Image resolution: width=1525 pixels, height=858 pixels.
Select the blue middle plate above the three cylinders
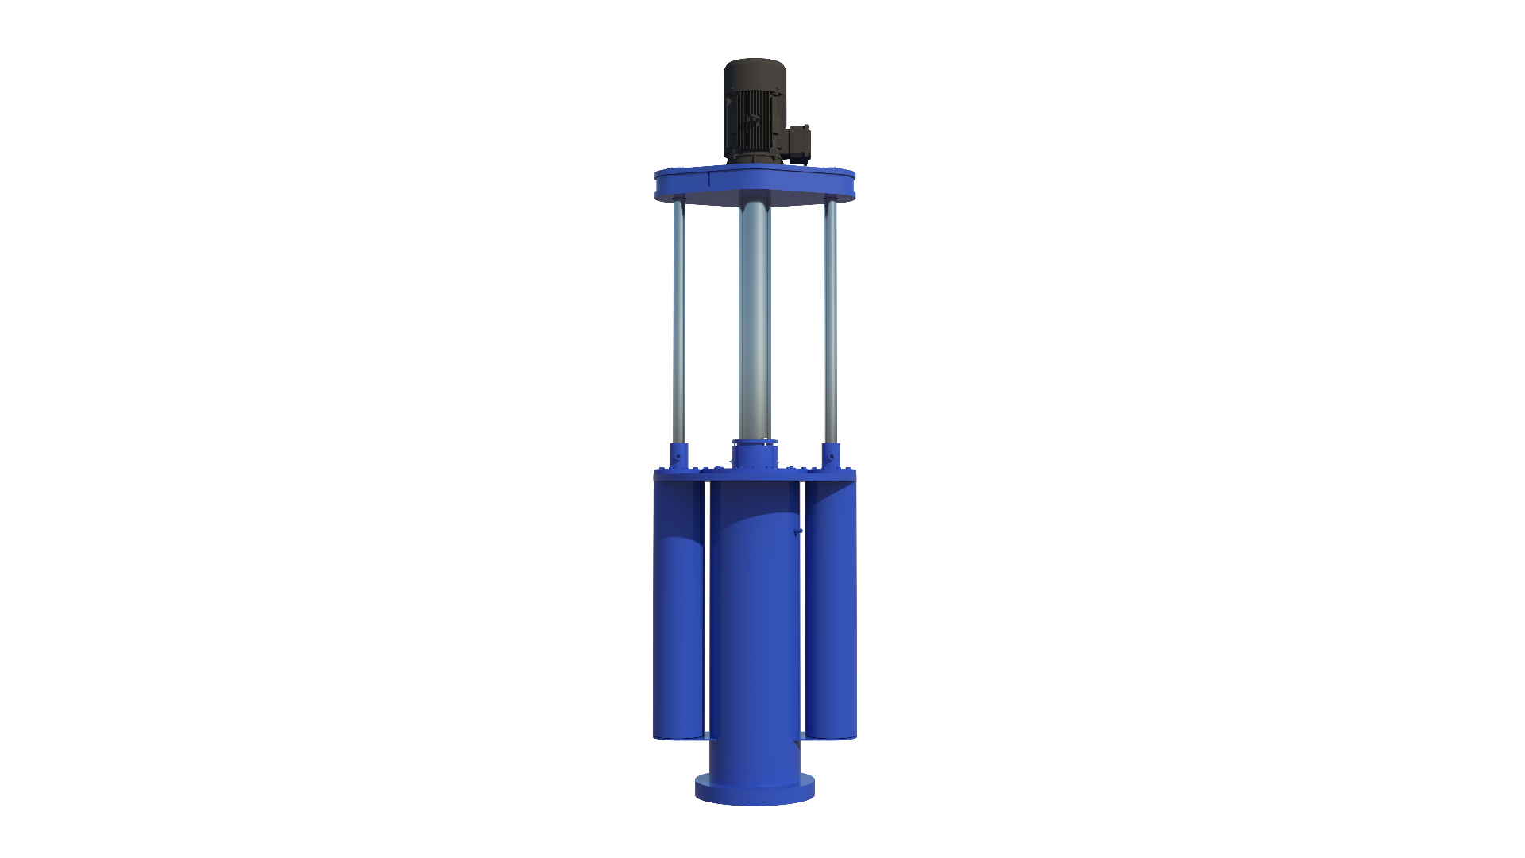coord(755,475)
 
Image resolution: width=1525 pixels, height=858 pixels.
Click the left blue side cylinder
coord(678,612)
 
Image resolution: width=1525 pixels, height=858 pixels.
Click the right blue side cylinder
coord(831,612)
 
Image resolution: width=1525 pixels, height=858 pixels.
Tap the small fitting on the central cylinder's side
coord(797,533)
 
